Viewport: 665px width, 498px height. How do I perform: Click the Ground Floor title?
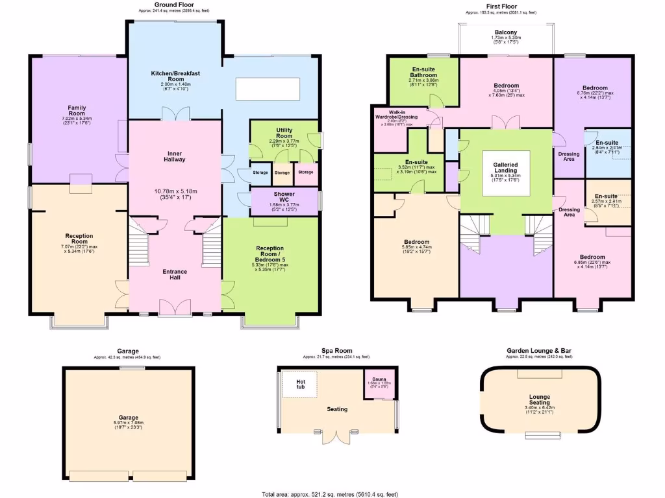tap(175, 5)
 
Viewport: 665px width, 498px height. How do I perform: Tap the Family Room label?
tap(77, 110)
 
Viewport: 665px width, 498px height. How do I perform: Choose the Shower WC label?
tap(284, 197)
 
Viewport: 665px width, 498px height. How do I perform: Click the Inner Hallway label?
tap(175, 156)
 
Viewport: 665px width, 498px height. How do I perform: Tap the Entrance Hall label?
tap(175, 275)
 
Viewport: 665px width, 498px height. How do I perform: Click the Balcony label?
tap(506, 32)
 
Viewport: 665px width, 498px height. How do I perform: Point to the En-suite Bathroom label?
tap(423, 72)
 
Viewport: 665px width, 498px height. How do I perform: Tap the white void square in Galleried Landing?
tap(505, 172)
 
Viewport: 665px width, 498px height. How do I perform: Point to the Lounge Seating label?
tap(540, 400)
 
